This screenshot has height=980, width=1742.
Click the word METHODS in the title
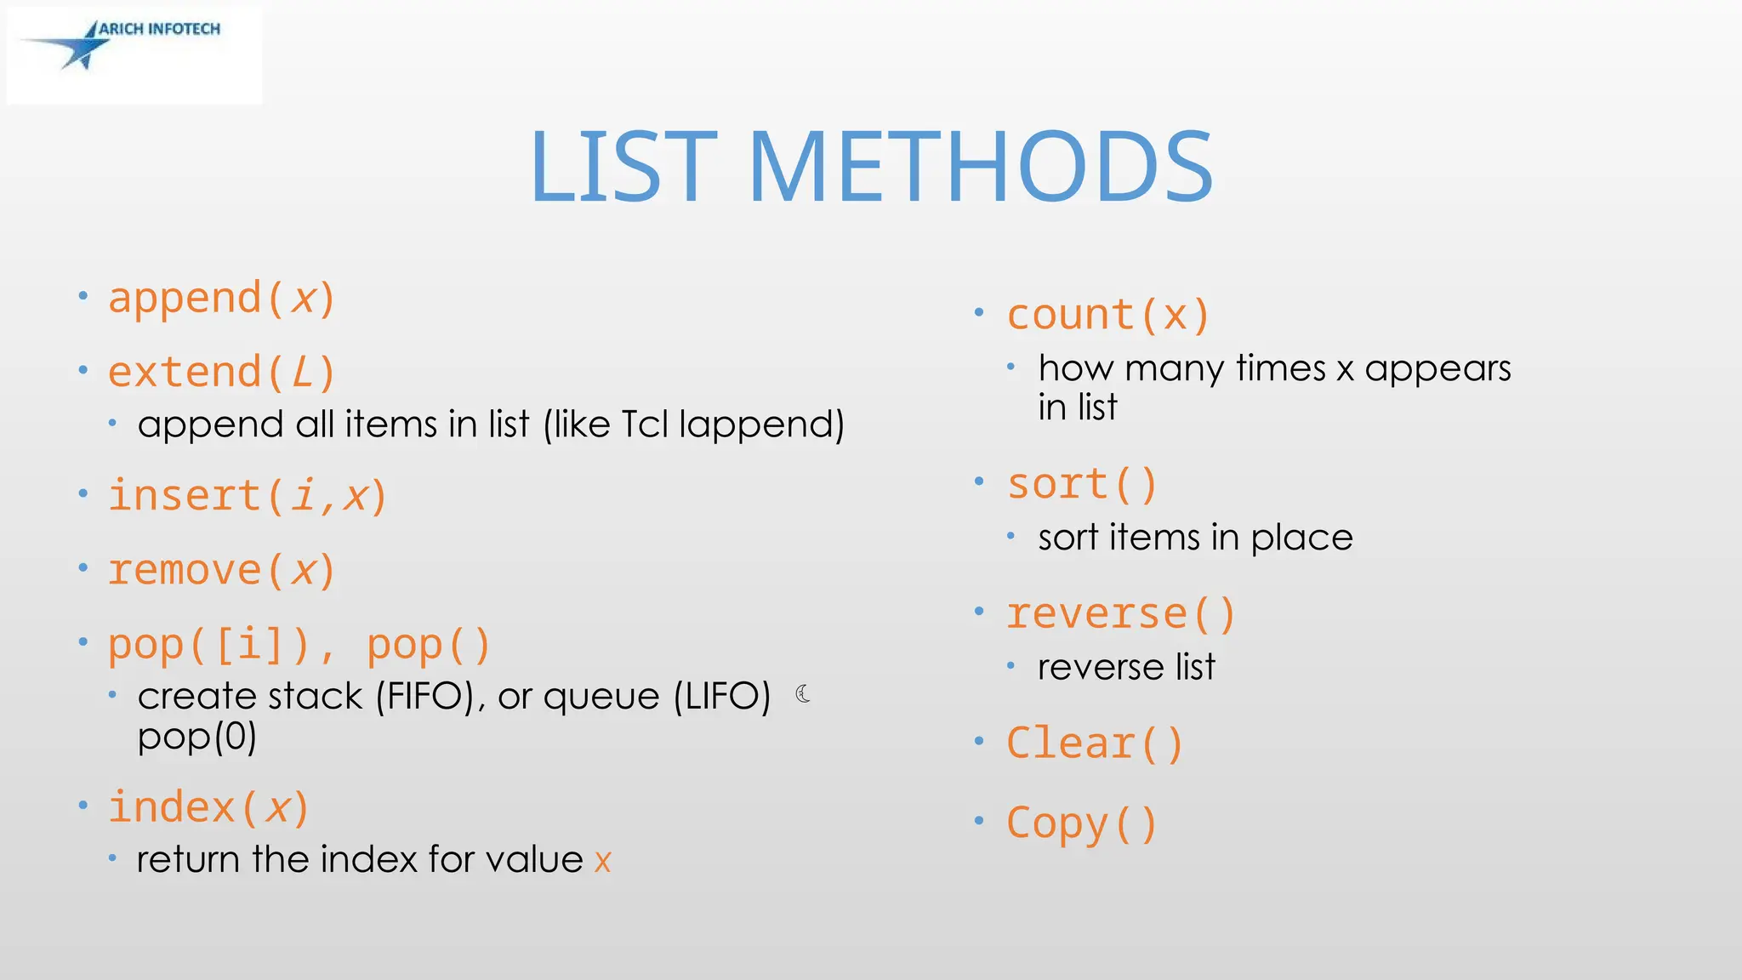(x=979, y=168)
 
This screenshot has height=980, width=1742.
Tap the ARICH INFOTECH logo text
(x=159, y=29)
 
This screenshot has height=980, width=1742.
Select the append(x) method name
(x=221, y=299)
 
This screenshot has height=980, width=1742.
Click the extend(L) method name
(x=221, y=373)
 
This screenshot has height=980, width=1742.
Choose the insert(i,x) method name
(x=248, y=496)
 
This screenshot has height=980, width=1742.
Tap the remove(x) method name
(x=221, y=570)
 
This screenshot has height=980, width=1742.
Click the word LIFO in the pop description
(x=721, y=697)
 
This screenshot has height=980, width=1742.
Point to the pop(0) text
(x=197, y=737)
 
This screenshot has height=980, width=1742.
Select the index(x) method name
(x=208, y=807)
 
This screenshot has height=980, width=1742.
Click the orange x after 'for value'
(x=602, y=861)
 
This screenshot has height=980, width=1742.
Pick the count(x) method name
(x=1107, y=316)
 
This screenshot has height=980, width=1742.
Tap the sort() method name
(x=1082, y=485)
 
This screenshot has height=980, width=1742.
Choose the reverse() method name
(x=1120, y=614)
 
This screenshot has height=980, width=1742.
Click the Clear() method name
(x=1095, y=744)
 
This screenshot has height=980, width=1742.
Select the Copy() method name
(x=1082, y=823)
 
